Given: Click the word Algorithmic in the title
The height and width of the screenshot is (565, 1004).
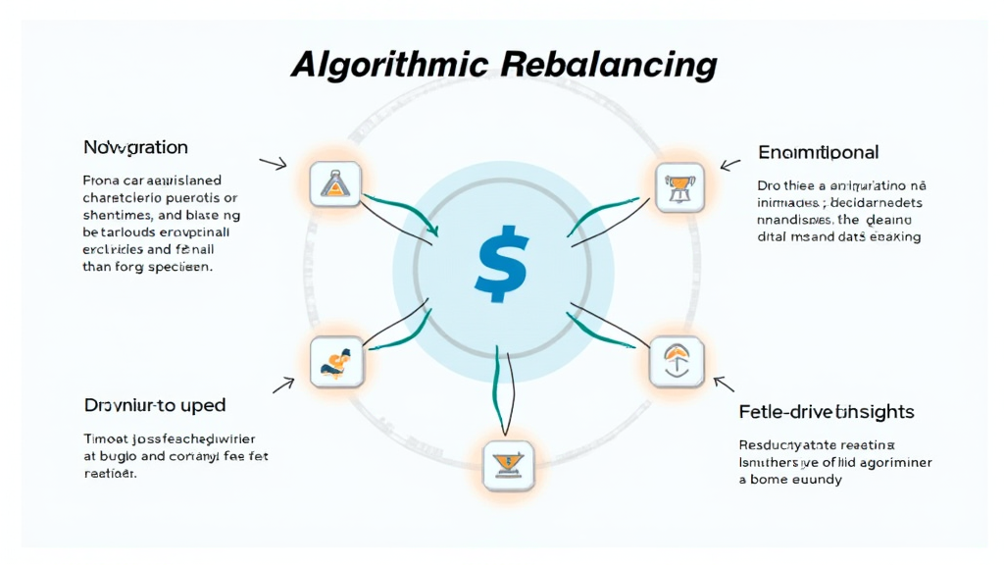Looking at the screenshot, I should [389, 65].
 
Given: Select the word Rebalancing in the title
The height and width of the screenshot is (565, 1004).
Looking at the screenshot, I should [608, 65].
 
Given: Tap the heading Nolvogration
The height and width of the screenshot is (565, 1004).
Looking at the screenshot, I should [135, 148].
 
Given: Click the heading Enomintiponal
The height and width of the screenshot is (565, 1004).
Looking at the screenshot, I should [818, 152].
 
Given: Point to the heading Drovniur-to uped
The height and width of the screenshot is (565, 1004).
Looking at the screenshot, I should [155, 404].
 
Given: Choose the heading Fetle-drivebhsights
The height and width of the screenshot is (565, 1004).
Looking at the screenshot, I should [826, 412].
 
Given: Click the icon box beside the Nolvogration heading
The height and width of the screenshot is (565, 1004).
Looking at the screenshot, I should [335, 183].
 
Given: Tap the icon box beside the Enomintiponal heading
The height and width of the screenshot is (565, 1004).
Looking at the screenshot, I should [678, 186].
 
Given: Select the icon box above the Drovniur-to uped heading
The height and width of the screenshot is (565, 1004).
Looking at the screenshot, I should [335, 360].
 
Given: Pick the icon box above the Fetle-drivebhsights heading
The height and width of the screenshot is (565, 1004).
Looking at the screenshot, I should [677, 362].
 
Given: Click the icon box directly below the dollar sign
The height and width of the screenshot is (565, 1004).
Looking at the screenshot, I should [509, 464].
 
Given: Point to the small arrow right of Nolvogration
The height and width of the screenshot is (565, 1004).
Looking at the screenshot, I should [272, 162].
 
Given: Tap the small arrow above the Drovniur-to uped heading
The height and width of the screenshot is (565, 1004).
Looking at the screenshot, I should [283, 385].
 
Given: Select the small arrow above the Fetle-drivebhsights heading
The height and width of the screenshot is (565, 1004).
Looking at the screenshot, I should [724, 383].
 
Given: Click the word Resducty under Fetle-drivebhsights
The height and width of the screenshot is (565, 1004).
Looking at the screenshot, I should [771, 444].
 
